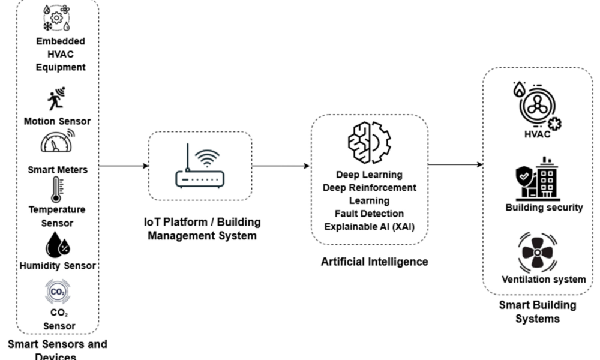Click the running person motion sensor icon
tap(56, 99)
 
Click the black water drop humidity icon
tap(58, 245)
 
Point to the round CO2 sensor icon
tap(58, 292)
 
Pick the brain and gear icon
tap(369, 142)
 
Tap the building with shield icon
tap(537, 179)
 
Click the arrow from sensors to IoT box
tap(123, 166)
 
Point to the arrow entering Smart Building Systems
tap(456, 164)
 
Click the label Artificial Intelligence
tap(374, 262)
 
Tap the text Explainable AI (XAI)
tap(369, 226)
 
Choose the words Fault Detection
tap(369, 213)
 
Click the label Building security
tap(544, 208)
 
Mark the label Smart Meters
tap(58, 170)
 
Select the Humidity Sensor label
tap(58, 265)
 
